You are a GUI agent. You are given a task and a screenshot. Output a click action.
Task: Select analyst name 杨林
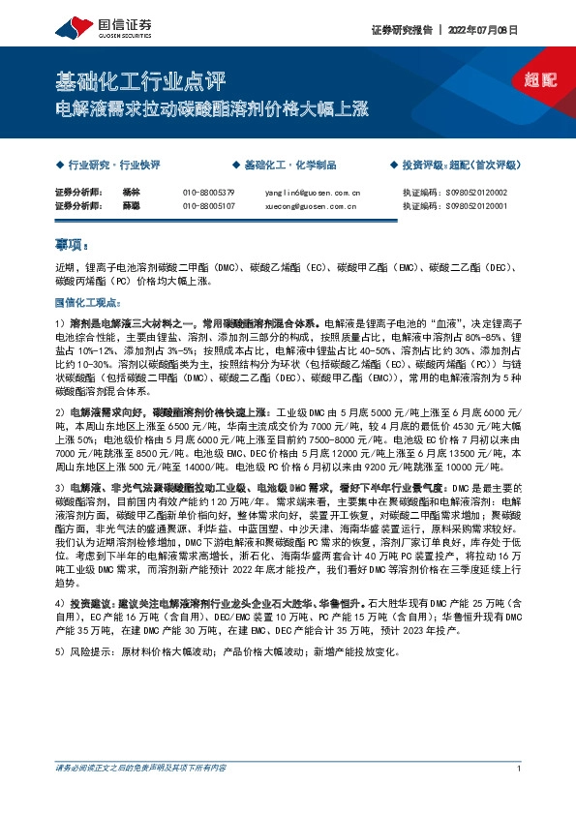point(132,193)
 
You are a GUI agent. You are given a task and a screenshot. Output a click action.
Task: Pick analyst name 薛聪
point(132,205)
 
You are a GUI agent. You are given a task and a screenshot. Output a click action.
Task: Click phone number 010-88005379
point(209,193)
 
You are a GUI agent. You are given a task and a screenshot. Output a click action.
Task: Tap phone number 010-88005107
point(209,205)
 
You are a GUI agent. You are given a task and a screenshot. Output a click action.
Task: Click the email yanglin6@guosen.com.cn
point(312,193)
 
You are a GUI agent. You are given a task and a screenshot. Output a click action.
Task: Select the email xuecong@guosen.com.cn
point(312,205)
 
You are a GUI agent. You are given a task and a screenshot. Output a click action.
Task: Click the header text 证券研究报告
point(404,30)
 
